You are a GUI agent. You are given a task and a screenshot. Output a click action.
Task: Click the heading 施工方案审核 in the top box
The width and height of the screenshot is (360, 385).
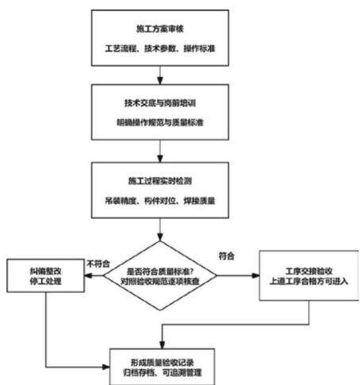pyautogui.click(x=160, y=29)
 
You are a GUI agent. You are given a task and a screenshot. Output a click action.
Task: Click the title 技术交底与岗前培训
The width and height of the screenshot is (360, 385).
pyautogui.click(x=160, y=103)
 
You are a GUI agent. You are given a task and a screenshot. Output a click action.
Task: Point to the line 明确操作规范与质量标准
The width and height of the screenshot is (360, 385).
pyautogui.click(x=160, y=122)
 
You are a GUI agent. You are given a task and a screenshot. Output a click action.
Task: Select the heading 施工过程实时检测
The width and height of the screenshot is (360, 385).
pyautogui.click(x=160, y=181)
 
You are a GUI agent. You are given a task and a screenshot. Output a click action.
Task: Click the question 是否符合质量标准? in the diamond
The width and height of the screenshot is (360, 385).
pyautogui.click(x=160, y=271)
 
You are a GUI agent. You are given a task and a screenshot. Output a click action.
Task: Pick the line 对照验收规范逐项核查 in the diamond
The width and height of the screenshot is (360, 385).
pyautogui.click(x=160, y=281)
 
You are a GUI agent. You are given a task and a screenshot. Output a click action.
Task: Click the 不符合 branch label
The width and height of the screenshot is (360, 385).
pyautogui.click(x=98, y=264)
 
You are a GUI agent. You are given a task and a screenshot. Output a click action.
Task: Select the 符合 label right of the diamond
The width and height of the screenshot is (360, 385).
pyautogui.click(x=227, y=256)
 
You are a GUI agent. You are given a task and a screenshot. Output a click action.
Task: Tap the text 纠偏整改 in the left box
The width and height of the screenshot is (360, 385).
pyautogui.click(x=45, y=271)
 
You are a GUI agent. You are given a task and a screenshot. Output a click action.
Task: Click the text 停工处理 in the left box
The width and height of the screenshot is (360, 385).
pyautogui.click(x=45, y=281)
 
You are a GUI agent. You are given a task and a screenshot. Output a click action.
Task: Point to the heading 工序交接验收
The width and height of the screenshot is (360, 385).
pyautogui.click(x=308, y=271)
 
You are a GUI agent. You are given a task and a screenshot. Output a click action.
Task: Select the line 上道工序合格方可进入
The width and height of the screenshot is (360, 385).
pyautogui.click(x=308, y=281)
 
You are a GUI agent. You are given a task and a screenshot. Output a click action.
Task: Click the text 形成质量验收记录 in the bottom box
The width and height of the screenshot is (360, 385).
pyautogui.click(x=162, y=363)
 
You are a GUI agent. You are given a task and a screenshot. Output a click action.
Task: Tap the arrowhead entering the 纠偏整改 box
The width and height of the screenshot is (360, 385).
pyautogui.click(x=88, y=275)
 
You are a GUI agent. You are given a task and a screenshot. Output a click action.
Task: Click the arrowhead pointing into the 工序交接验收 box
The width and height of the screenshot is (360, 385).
pyautogui.click(x=255, y=275)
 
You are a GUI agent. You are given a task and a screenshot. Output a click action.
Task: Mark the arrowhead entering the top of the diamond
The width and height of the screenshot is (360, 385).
pyautogui.click(x=160, y=237)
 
